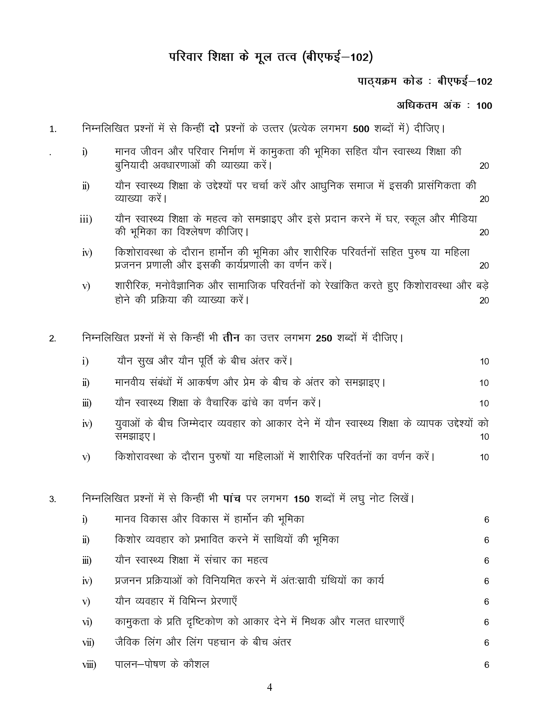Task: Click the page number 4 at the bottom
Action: [x=269, y=688]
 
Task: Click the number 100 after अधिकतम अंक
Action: [x=484, y=106]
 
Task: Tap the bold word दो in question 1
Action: [x=215, y=128]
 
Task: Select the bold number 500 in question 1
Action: [x=361, y=129]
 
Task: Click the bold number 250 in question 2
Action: [x=324, y=339]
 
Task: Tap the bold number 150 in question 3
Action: [x=301, y=499]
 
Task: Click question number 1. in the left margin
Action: [x=53, y=129]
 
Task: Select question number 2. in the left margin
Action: [x=53, y=339]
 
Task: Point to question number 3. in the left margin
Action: [x=53, y=499]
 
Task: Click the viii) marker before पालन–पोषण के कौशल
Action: [x=89, y=665]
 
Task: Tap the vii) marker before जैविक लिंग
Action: [x=88, y=643]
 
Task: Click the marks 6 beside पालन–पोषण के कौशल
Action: [x=486, y=665]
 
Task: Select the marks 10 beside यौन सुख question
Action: [x=484, y=362]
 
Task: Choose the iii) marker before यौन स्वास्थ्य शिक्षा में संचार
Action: [x=87, y=561]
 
